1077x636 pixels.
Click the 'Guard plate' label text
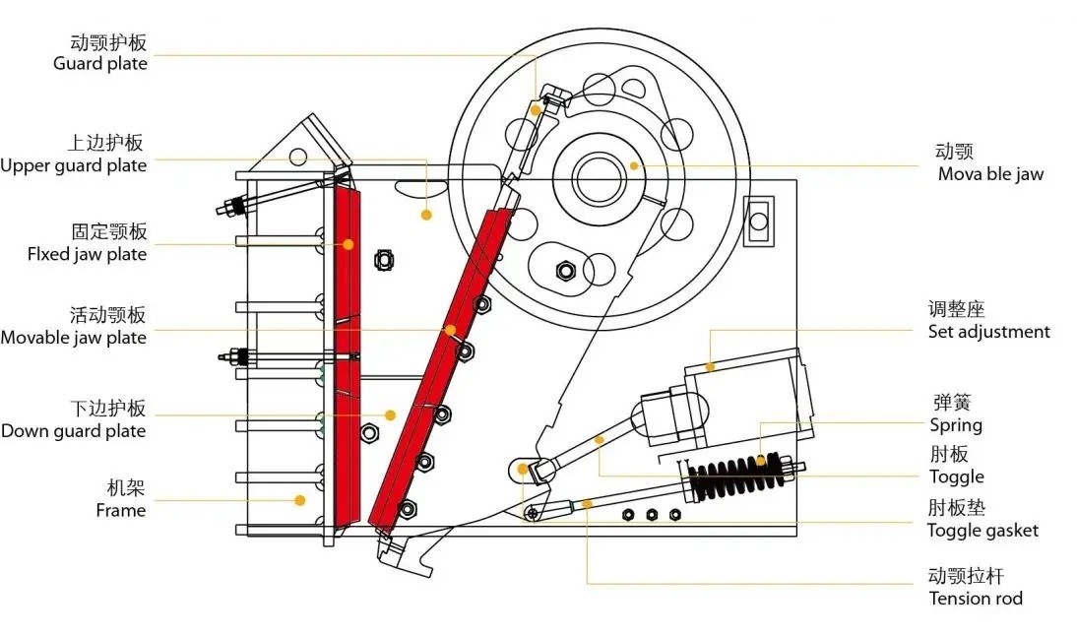(x=99, y=64)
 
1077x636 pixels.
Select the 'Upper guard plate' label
(x=74, y=165)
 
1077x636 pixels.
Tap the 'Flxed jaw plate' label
(x=87, y=254)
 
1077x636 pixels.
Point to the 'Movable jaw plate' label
(x=74, y=338)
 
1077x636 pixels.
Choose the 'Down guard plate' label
(x=74, y=431)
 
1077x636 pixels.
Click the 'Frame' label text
(x=120, y=510)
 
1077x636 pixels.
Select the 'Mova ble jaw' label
(x=990, y=174)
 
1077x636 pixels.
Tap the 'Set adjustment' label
(x=989, y=332)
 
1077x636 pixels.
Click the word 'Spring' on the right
(x=956, y=425)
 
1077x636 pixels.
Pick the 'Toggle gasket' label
(x=982, y=531)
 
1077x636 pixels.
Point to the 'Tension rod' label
(x=976, y=599)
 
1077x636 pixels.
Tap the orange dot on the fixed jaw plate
(x=348, y=244)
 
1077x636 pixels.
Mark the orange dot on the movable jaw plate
(x=450, y=330)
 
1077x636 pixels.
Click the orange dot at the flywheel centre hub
(x=635, y=165)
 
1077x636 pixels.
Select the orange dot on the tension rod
(x=588, y=504)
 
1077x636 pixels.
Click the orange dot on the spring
(x=760, y=460)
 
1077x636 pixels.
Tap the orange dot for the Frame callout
(x=300, y=500)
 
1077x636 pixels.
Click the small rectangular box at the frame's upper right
(x=758, y=220)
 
